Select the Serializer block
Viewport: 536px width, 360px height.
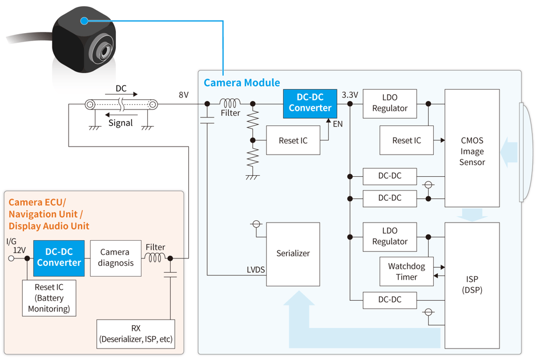pyautogui.click(x=293, y=253)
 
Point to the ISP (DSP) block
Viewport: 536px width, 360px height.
pyautogui.click(x=472, y=285)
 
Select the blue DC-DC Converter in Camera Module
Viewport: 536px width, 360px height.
pyautogui.click(x=310, y=103)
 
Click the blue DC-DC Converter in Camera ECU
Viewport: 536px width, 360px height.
pyautogui.click(x=59, y=258)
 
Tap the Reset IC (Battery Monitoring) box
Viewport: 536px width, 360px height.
pyautogui.click(x=49, y=298)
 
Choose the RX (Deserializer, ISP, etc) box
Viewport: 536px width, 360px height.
pyautogui.click(x=135, y=334)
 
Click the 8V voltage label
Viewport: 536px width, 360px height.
pyautogui.click(x=183, y=95)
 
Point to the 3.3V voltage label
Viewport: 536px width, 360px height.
pyautogui.click(x=349, y=95)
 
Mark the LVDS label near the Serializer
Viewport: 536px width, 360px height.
pyautogui.click(x=256, y=270)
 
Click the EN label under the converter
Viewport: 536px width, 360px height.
pyautogui.click(x=338, y=123)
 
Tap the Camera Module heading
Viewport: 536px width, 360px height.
pyautogui.click(x=242, y=83)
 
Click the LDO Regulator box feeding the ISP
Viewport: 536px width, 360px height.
pyautogui.click(x=390, y=236)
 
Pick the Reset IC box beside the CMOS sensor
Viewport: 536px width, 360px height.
pyautogui.click(x=406, y=140)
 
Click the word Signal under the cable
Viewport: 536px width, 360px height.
pyautogui.click(x=120, y=123)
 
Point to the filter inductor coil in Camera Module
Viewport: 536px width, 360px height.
pyautogui.click(x=231, y=103)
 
